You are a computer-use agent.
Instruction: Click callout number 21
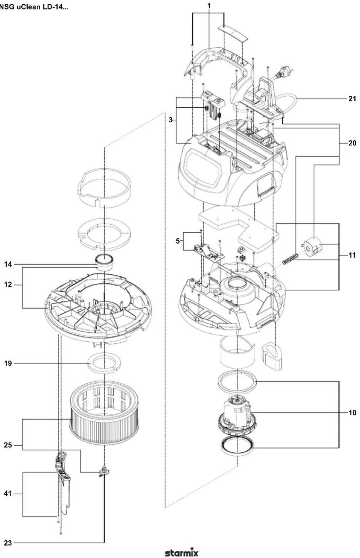tap(352, 99)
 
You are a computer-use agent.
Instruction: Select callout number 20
tap(352, 143)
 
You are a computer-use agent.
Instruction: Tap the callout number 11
tap(352, 255)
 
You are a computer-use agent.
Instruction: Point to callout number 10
tap(352, 413)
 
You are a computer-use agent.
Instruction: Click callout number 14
tap(8, 264)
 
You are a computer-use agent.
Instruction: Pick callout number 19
tap(8, 363)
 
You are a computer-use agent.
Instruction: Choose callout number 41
tap(8, 494)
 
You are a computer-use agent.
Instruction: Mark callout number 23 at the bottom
tap(8, 543)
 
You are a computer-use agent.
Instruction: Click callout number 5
tap(178, 241)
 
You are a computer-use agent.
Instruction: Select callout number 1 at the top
tap(209, 6)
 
